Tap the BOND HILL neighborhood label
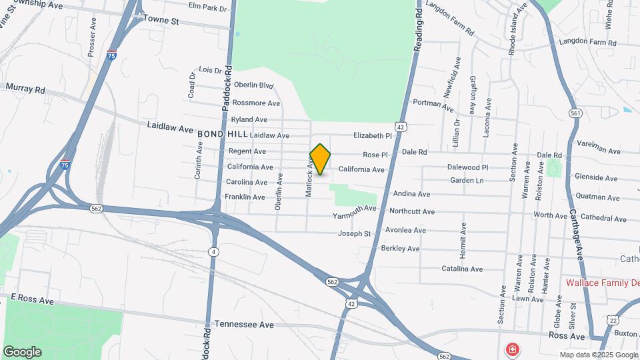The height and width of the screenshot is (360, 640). (217, 134)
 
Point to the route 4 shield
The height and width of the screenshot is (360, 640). (213, 251)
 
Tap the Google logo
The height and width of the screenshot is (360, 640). (22, 352)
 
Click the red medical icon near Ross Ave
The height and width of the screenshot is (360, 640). (511, 349)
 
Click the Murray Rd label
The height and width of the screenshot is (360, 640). (25, 88)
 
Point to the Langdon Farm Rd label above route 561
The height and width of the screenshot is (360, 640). (587, 43)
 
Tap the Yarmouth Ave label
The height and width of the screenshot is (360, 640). (355, 211)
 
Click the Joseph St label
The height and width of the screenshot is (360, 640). (354, 233)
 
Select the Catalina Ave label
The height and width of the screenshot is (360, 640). (462, 269)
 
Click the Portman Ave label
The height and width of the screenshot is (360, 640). (433, 105)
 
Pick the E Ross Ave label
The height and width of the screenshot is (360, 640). (31, 300)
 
